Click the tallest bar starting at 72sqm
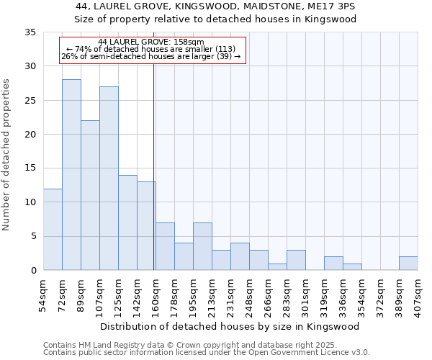pyautogui.click(x=71, y=175)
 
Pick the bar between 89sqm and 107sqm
pyautogui.click(x=90, y=195)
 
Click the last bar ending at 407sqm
pyautogui.click(x=408, y=264)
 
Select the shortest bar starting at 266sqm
pyautogui.click(x=277, y=267)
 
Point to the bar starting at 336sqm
pyautogui.click(x=352, y=267)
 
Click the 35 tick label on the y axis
pyautogui.click(x=30, y=32)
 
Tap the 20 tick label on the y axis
pyautogui.click(x=30, y=135)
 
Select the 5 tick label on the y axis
pyautogui.click(x=33, y=237)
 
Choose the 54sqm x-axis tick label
pyautogui.click(x=44, y=293)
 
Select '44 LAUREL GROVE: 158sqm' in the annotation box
pyautogui.click(x=151, y=42)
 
